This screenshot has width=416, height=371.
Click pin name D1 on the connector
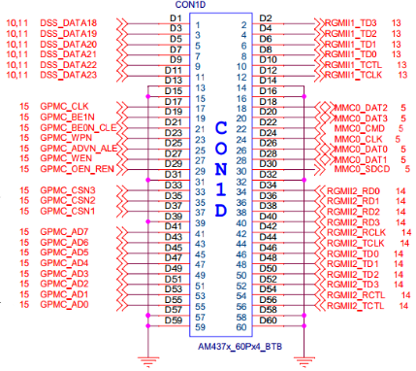(x=174, y=17)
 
